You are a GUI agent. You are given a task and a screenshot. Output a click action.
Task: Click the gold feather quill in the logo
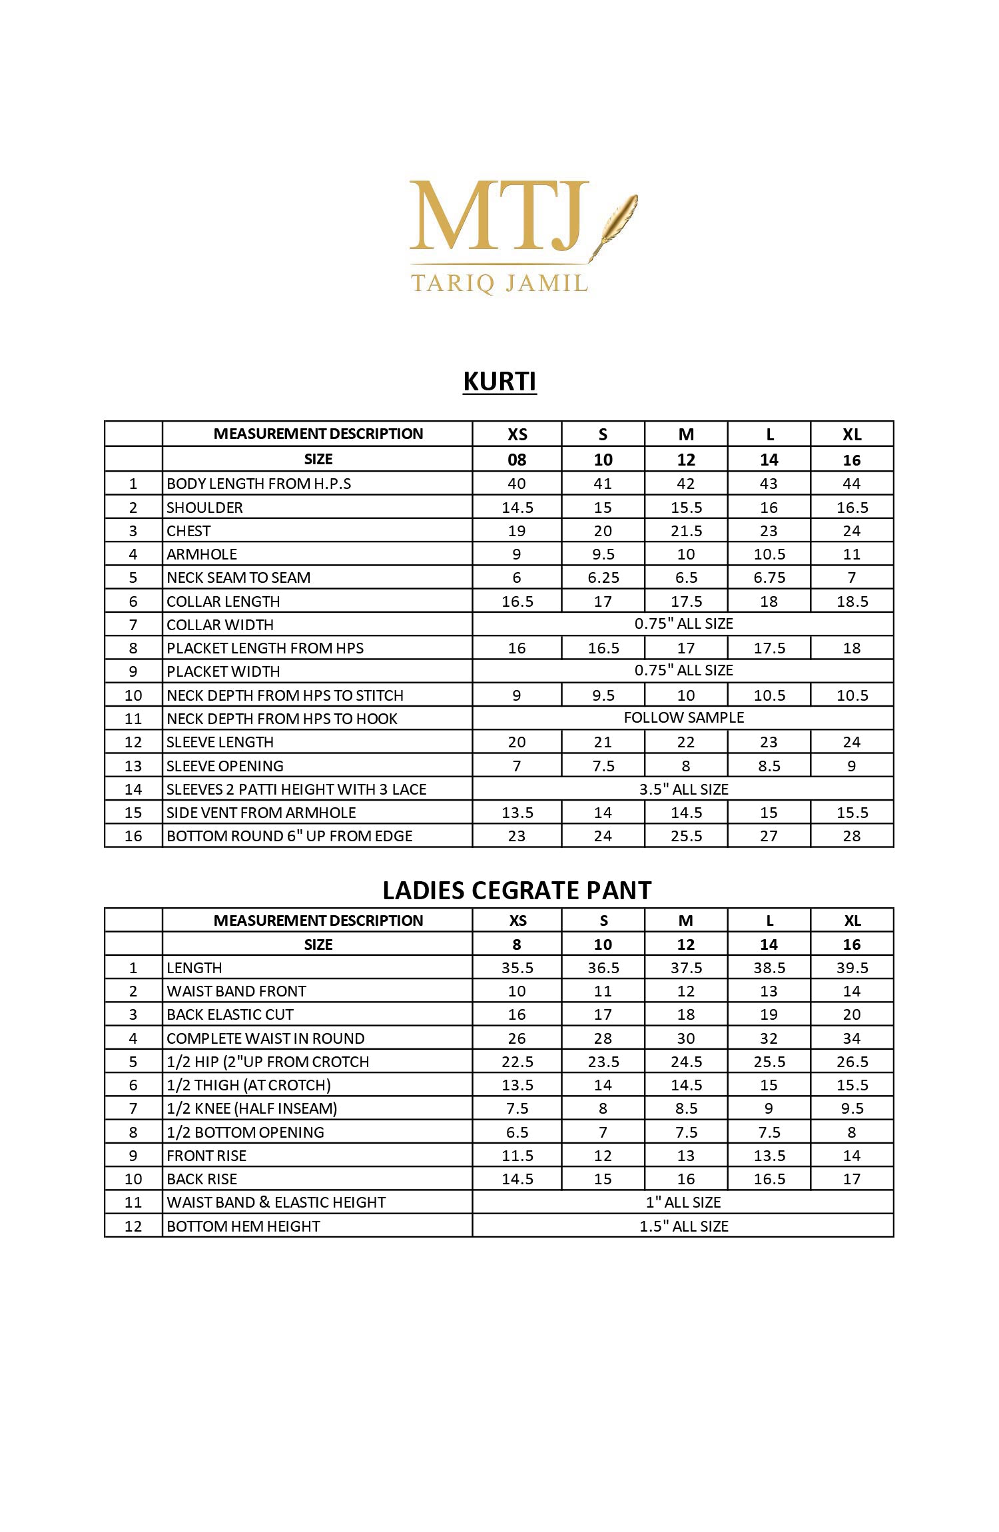[617, 220]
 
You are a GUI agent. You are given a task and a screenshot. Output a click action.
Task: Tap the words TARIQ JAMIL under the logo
[499, 283]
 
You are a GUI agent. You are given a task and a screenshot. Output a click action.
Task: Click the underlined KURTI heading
[499, 382]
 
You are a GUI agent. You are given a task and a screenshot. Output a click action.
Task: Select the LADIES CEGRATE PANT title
[517, 891]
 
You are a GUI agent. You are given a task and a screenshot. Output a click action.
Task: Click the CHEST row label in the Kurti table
[188, 531]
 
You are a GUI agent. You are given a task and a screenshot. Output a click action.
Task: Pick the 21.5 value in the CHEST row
[686, 531]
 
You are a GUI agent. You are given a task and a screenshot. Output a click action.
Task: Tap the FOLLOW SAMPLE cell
[683, 717]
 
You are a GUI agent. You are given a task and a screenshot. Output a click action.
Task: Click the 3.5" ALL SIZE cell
[683, 789]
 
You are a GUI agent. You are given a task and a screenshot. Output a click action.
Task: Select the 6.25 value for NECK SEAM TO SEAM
[603, 577]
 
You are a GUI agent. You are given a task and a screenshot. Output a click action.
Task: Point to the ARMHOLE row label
[202, 554]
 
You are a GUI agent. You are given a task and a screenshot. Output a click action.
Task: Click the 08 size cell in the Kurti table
[517, 460]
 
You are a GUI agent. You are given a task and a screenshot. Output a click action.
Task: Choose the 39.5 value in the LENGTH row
[852, 968]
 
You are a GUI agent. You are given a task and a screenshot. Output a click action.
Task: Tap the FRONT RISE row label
[206, 1156]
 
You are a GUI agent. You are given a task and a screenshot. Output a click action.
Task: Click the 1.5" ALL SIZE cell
[683, 1226]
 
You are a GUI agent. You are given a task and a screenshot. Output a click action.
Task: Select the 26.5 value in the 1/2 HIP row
[852, 1062]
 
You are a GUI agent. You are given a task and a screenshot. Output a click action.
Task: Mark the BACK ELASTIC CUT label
[230, 1014]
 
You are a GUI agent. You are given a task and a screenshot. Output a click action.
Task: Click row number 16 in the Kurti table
[133, 836]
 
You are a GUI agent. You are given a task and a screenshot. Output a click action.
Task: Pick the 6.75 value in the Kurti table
[769, 577]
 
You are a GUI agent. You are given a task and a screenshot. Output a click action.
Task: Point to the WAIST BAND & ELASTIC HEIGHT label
[276, 1202]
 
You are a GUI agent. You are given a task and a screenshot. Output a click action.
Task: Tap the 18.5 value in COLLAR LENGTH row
[852, 601]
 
